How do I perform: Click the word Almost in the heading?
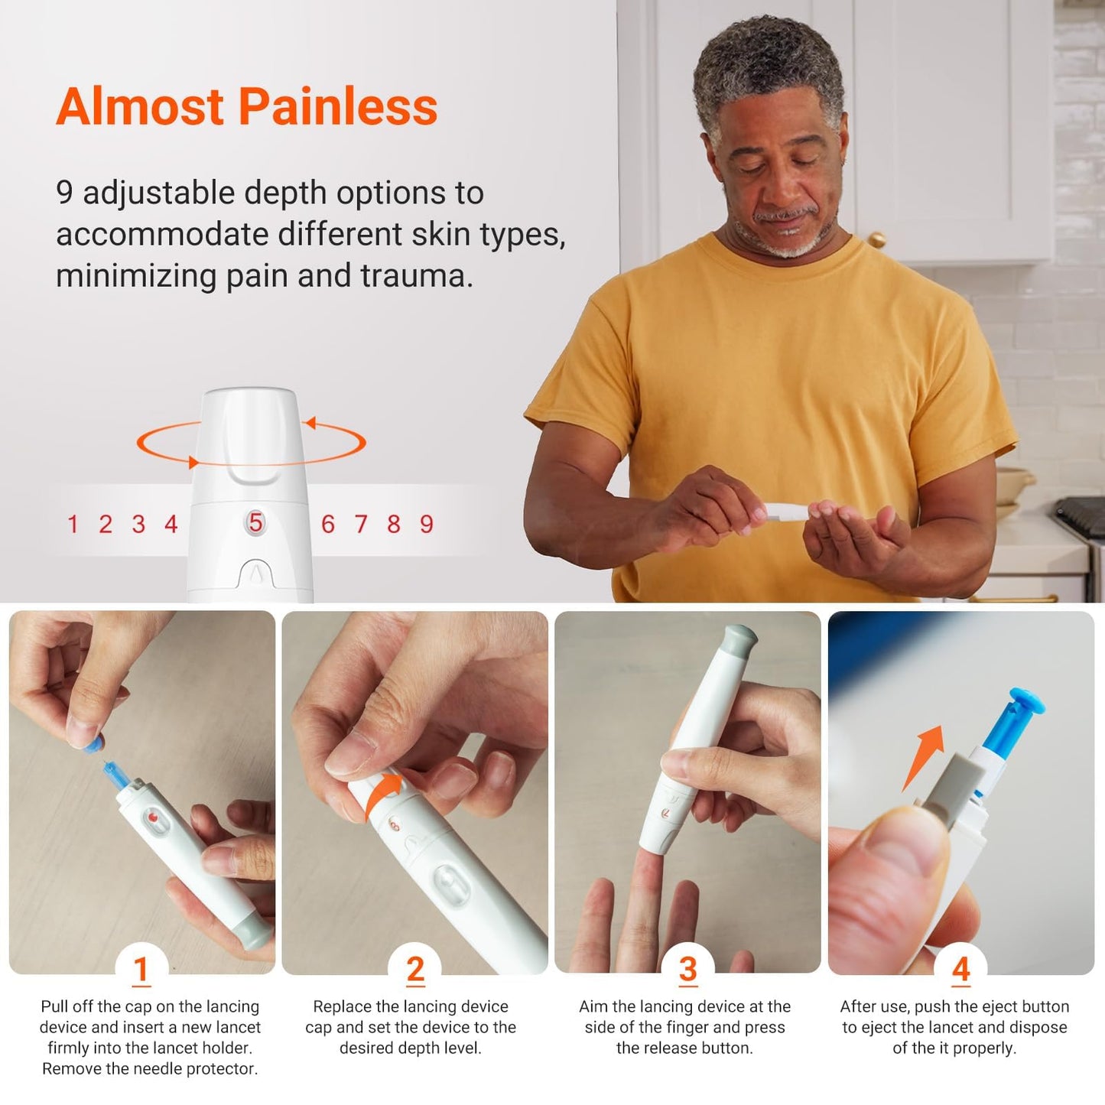pyautogui.click(x=140, y=106)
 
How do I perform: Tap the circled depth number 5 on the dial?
pyautogui.click(x=255, y=523)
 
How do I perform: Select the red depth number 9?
pyautogui.click(x=426, y=525)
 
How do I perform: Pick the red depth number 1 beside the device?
pyautogui.click(x=73, y=525)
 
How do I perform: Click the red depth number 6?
pyautogui.click(x=327, y=525)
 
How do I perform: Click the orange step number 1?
pyautogui.click(x=141, y=970)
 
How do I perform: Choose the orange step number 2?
pyautogui.click(x=415, y=970)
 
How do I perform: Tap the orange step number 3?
pyautogui.click(x=687, y=970)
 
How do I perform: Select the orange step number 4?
pyautogui.click(x=960, y=970)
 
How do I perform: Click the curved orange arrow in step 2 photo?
pyautogui.click(x=382, y=795)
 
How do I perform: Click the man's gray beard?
pyautogui.click(x=784, y=243)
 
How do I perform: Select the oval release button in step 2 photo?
pyautogui.click(x=451, y=886)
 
